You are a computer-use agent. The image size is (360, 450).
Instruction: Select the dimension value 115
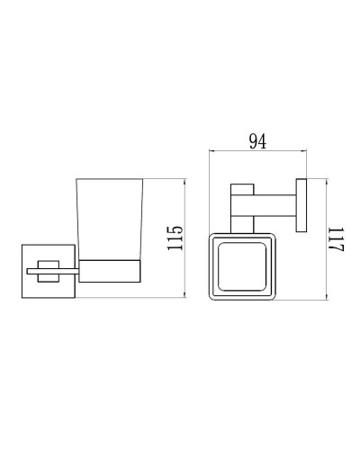[x=176, y=238]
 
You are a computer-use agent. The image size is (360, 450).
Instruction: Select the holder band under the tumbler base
[x=110, y=267]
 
